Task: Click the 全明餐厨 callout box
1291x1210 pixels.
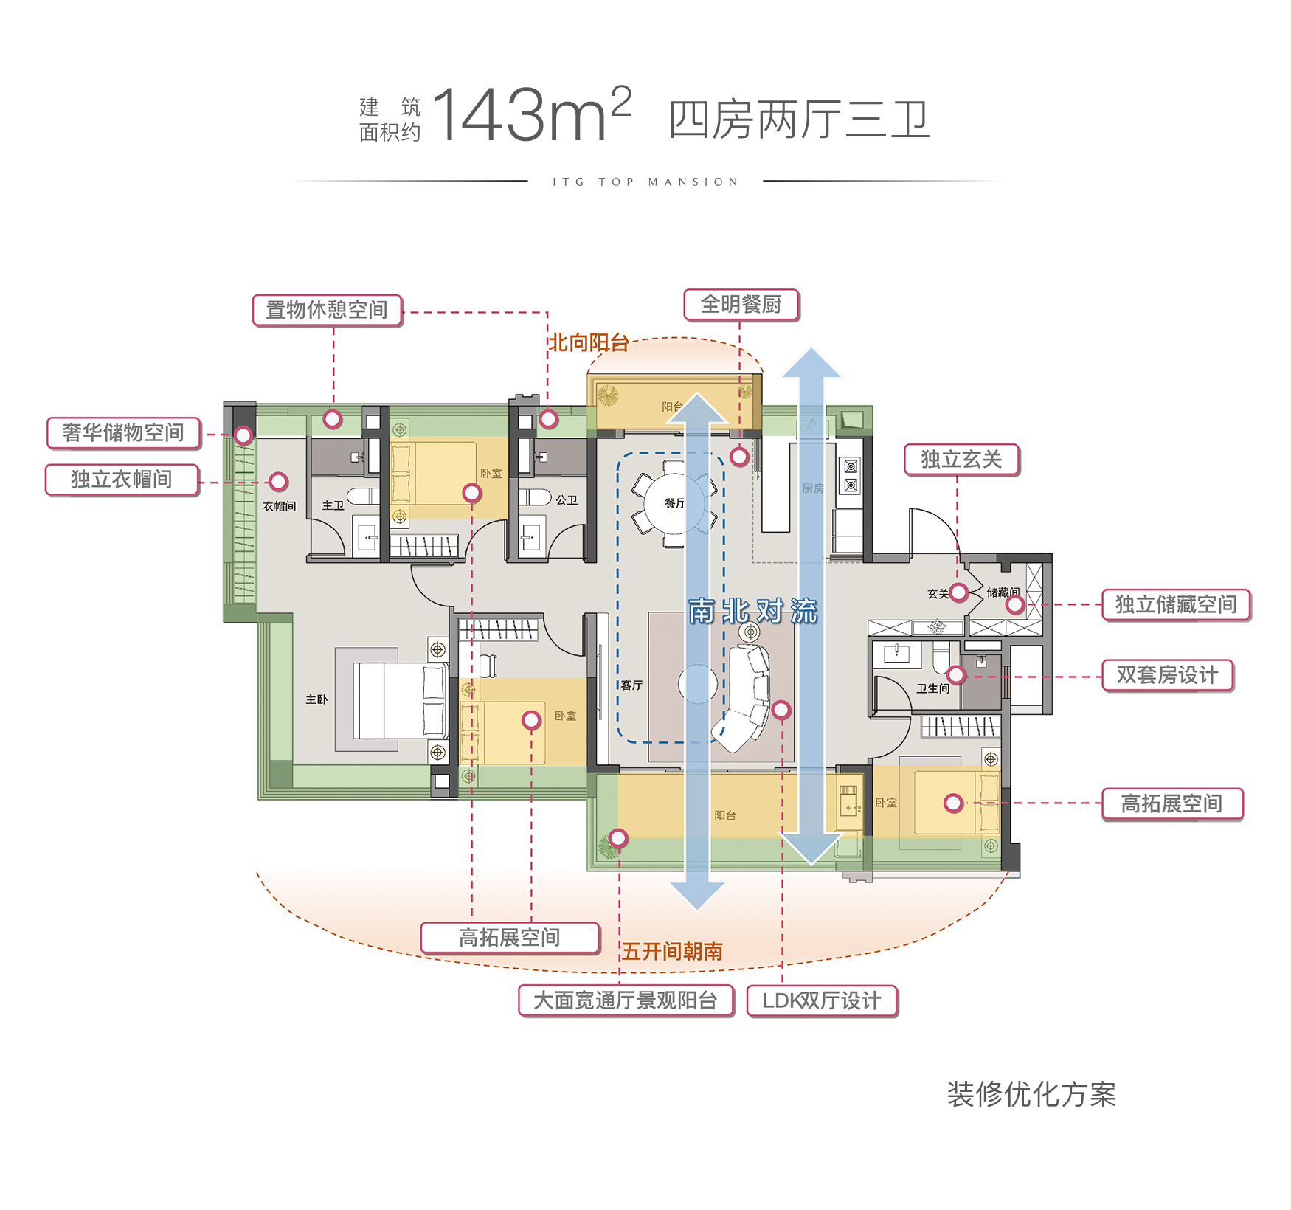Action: pyautogui.click(x=741, y=305)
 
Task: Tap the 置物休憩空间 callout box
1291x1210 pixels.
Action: pyautogui.click(x=327, y=310)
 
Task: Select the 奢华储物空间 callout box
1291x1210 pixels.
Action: pyautogui.click(x=123, y=433)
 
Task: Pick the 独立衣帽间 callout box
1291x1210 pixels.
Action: pyautogui.click(x=122, y=480)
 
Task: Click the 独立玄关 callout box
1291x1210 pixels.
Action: pyautogui.click(x=961, y=460)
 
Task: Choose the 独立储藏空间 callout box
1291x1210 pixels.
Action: pyautogui.click(x=1176, y=605)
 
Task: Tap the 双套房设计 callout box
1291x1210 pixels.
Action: pyautogui.click(x=1167, y=675)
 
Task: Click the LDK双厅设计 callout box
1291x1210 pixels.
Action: pyautogui.click(x=822, y=1001)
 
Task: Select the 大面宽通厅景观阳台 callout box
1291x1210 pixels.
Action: pyautogui.click(x=626, y=1001)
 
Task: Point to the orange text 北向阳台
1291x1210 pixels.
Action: pyautogui.click(x=588, y=343)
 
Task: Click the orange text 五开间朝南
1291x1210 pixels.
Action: pyautogui.click(x=672, y=952)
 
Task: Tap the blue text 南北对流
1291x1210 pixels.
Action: pyautogui.click(x=753, y=612)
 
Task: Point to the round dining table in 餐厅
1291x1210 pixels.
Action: pyautogui.click(x=674, y=504)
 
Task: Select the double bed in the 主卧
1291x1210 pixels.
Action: pyautogui.click(x=398, y=700)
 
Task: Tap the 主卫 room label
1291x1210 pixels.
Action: pyautogui.click(x=333, y=505)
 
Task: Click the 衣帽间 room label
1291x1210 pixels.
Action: pyautogui.click(x=279, y=506)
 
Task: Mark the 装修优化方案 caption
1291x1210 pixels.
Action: pyautogui.click(x=1031, y=1095)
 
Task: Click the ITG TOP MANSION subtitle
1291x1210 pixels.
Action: pyautogui.click(x=645, y=182)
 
